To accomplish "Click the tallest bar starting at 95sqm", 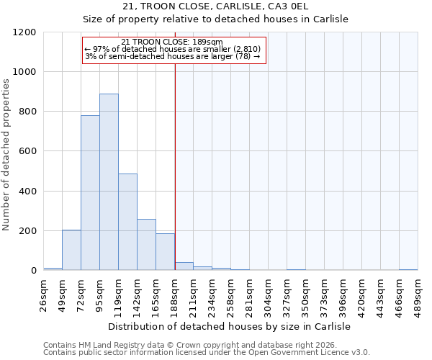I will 109,182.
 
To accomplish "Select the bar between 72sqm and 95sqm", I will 90,193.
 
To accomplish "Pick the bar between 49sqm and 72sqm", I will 71,250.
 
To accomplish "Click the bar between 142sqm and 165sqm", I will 146,245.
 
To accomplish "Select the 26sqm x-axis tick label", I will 44,294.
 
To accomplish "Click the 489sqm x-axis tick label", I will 418,294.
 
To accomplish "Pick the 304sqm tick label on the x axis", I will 269,294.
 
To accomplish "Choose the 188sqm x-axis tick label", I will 175,294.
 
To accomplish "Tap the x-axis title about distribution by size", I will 230,326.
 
